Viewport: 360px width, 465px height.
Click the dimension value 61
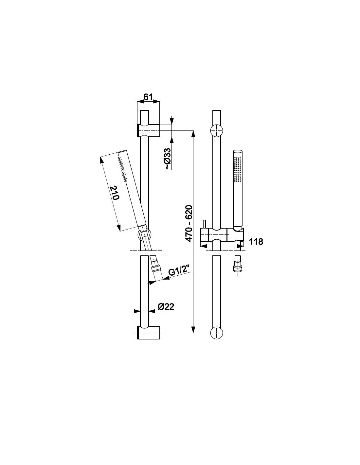148,97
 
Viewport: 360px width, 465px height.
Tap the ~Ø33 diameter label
168,159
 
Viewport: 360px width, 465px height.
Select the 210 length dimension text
115,193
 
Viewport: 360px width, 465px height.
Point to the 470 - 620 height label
189,223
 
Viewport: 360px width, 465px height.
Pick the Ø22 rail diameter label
166,307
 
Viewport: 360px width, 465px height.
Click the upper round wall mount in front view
217,130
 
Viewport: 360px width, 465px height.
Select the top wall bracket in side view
148,130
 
